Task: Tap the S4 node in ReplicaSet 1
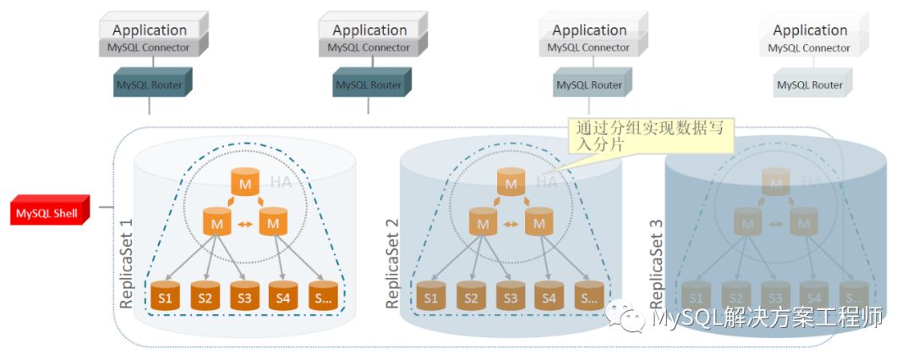pyautogui.click(x=283, y=297)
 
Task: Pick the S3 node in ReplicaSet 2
pyautogui.click(x=510, y=297)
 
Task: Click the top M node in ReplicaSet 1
pyautogui.click(x=244, y=183)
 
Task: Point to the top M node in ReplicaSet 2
pyautogui.click(x=510, y=183)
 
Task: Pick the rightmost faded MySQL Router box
pyautogui.click(x=810, y=85)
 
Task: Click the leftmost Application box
pyautogui.click(x=150, y=30)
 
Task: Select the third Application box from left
pyautogui.click(x=589, y=30)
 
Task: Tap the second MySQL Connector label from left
pyautogui.click(x=369, y=48)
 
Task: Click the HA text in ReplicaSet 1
pyautogui.click(x=281, y=182)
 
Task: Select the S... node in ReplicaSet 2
pyautogui.click(x=588, y=297)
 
